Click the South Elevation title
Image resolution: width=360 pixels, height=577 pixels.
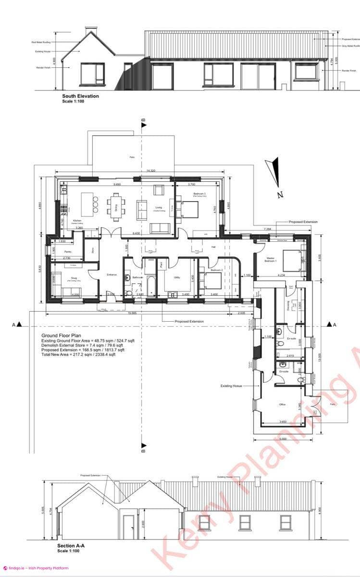point(80,96)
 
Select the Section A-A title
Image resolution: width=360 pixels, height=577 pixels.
point(71,546)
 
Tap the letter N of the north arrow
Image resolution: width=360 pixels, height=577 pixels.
point(279,195)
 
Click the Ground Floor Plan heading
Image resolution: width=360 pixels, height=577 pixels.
point(61,336)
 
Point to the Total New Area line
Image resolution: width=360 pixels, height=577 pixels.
point(78,354)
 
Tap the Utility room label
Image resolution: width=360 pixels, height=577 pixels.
point(177,277)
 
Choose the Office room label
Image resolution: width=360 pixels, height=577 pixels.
point(283,404)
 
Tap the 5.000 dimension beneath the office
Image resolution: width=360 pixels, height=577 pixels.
point(283,439)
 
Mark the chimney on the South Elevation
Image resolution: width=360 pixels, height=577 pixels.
point(90,32)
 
